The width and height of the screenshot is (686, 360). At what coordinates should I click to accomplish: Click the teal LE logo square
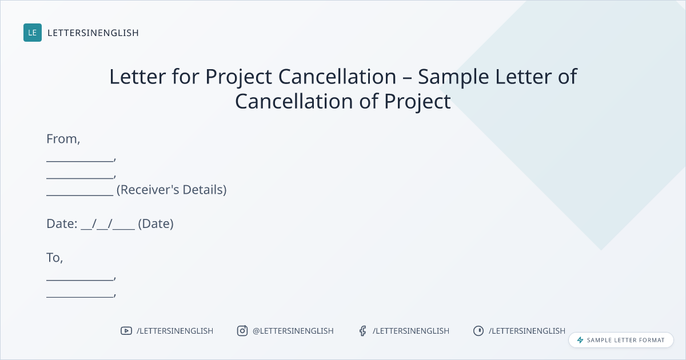(33, 33)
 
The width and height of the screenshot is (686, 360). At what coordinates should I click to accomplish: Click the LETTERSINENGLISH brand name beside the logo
(93, 33)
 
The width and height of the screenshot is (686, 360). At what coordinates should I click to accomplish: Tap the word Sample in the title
(453, 77)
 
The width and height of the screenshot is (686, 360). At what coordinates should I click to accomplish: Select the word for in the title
(186, 76)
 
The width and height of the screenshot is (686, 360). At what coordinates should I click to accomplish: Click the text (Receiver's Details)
(171, 190)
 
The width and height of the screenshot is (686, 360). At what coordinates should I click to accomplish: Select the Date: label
(62, 224)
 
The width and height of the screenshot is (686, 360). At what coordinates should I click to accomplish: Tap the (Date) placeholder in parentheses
(156, 224)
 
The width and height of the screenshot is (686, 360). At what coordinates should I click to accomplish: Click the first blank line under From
(80, 161)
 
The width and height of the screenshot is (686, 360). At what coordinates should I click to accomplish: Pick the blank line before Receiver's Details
(80, 195)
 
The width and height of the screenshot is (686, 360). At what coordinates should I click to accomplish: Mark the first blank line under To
(80, 280)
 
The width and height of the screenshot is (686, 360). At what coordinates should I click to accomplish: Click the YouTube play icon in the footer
(126, 331)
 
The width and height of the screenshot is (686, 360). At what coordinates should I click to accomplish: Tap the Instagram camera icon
(242, 331)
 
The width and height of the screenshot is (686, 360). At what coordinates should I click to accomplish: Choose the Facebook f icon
(363, 331)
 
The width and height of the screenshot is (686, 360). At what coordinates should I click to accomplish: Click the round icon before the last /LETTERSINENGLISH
(478, 331)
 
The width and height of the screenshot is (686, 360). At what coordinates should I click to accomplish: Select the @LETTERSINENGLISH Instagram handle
(293, 331)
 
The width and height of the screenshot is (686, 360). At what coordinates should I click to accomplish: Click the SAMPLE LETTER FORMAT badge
(621, 340)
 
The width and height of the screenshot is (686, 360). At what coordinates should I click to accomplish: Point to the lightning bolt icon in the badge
(580, 340)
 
